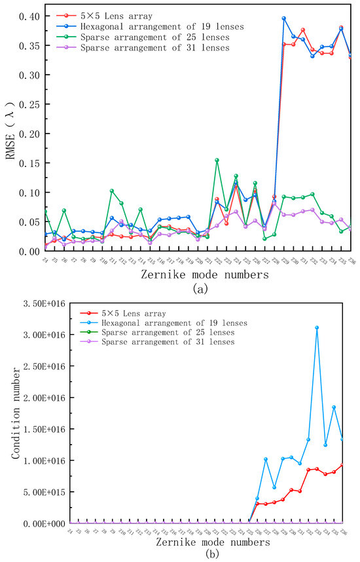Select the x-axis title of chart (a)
tap(204, 276)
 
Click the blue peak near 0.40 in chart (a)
tap(283, 18)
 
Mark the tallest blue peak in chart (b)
tap(317, 328)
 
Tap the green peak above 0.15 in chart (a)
tap(217, 160)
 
